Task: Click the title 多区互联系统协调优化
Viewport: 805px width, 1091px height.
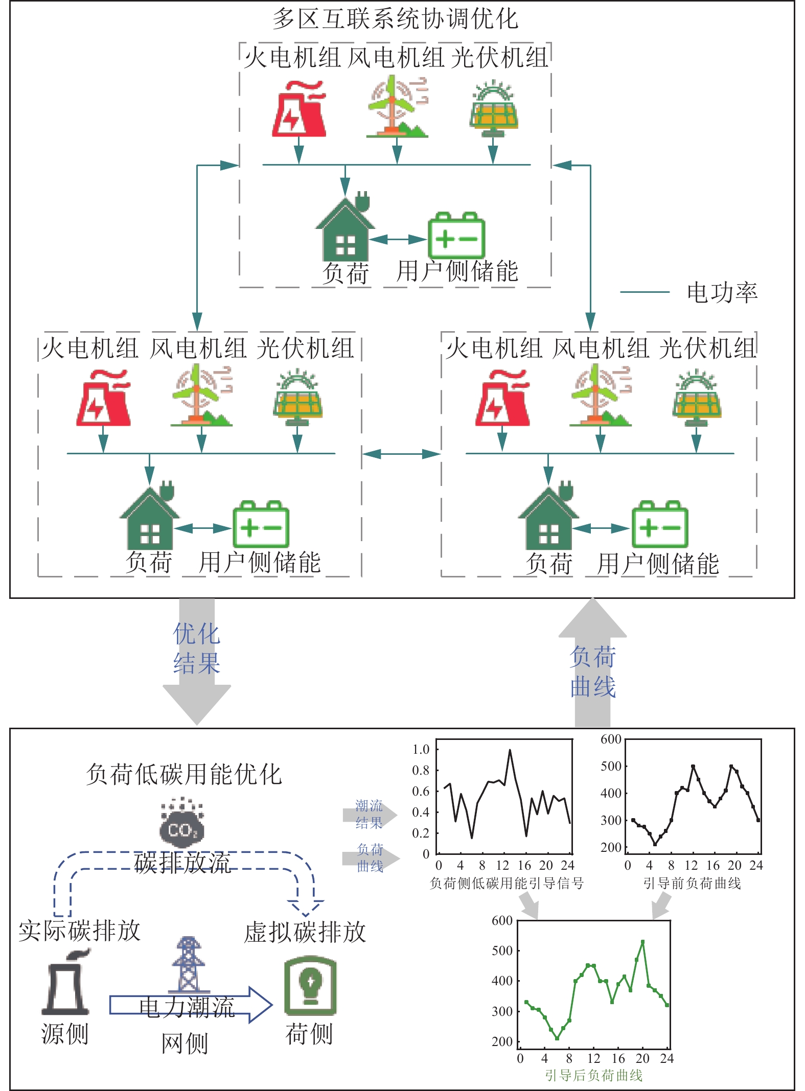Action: pos(395,19)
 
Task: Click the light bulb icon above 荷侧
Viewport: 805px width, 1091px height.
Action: pos(310,985)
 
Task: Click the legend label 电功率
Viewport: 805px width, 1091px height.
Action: pos(721,293)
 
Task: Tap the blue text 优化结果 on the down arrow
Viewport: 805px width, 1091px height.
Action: pos(197,648)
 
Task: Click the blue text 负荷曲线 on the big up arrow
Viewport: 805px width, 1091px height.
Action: pos(592,671)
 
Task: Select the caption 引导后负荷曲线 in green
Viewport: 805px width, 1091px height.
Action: pos(593,1075)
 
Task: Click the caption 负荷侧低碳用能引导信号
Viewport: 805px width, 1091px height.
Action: pos(506,883)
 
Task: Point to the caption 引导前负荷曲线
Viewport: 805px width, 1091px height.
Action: pos(692,883)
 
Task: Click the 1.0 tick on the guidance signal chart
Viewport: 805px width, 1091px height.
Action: pos(421,750)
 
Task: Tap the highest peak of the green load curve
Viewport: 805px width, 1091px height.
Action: pos(642,941)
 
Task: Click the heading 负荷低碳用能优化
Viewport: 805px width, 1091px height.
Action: pos(183,774)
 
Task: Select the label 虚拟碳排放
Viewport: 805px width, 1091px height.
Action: pos(305,932)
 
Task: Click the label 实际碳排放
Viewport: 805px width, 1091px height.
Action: pos(79,931)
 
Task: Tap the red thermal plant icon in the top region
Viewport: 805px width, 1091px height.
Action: pos(298,109)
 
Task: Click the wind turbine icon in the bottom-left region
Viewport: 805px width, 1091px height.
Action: pos(200,396)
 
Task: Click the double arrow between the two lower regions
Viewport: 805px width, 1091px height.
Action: pos(401,454)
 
